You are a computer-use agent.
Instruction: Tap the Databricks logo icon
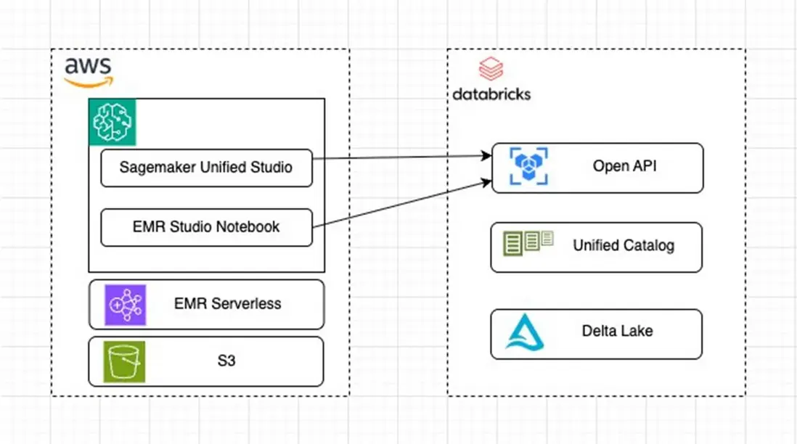(x=491, y=71)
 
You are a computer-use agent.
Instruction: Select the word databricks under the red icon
(x=491, y=94)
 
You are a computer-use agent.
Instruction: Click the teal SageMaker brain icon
(x=113, y=123)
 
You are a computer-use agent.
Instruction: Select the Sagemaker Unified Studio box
(x=206, y=168)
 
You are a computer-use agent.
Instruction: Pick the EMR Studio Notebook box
(x=206, y=227)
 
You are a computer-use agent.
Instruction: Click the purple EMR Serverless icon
(x=126, y=304)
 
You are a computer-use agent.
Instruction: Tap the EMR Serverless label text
(x=227, y=304)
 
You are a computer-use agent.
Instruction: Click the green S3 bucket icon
(x=126, y=361)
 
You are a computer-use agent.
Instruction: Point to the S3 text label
(x=226, y=361)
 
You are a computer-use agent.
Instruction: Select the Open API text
(x=625, y=166)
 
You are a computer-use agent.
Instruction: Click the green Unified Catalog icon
(x=528, y=242)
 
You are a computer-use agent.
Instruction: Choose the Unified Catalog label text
(x=624, y=245)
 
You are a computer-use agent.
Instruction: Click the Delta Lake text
(x=617, y=332)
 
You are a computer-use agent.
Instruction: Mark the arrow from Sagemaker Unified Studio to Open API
(x=399, y=156)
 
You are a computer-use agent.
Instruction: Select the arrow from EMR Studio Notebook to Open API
(x=399, y=206)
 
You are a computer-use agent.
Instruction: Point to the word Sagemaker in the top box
(x=152, y=168)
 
